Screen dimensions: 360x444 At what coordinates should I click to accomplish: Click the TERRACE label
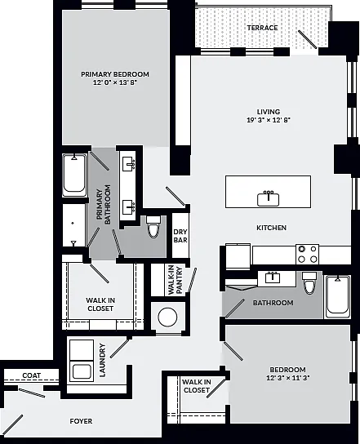click(x=262, y=28)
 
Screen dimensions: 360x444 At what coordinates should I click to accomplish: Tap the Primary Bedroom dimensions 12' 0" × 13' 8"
click(x=115, y=82)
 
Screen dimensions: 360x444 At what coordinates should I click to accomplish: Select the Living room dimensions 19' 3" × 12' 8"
click(x=269, y=120)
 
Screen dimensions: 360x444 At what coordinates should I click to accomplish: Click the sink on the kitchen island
click(x=268, y=198)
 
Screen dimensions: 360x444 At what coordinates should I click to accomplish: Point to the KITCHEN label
click(x=271, y=228)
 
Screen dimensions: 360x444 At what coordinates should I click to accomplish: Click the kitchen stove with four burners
click(x=307, y=254)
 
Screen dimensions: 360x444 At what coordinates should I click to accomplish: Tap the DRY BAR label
click(x=180, y=236)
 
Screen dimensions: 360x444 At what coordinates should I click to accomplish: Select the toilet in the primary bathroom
click(x=153, y=227)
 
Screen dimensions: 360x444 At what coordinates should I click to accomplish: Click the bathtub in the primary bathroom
click(x=74, y=175)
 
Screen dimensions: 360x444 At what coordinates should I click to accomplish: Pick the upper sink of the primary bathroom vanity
click(x=129, y=164)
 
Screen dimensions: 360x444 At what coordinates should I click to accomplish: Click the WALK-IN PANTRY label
click(x=175, y=280)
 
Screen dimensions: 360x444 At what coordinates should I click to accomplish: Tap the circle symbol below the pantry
click(x=167, y=317)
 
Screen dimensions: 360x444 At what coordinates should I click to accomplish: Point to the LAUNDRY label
click(x=102, y=360)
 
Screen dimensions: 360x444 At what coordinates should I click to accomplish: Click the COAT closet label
click(x=32, y=375)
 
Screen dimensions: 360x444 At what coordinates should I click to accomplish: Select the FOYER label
click(x=81, y=421)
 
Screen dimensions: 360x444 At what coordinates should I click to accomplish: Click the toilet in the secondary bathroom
click(x=309, y=283)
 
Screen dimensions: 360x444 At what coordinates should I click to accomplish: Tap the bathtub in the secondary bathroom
click(x=337, y=297)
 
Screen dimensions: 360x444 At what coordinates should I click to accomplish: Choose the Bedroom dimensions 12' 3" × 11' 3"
click(x=288, y=378)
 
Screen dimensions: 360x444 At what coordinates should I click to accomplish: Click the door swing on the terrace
click(x=307, y=40)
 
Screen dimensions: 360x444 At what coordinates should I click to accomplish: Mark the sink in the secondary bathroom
click(x=273, y=277)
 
